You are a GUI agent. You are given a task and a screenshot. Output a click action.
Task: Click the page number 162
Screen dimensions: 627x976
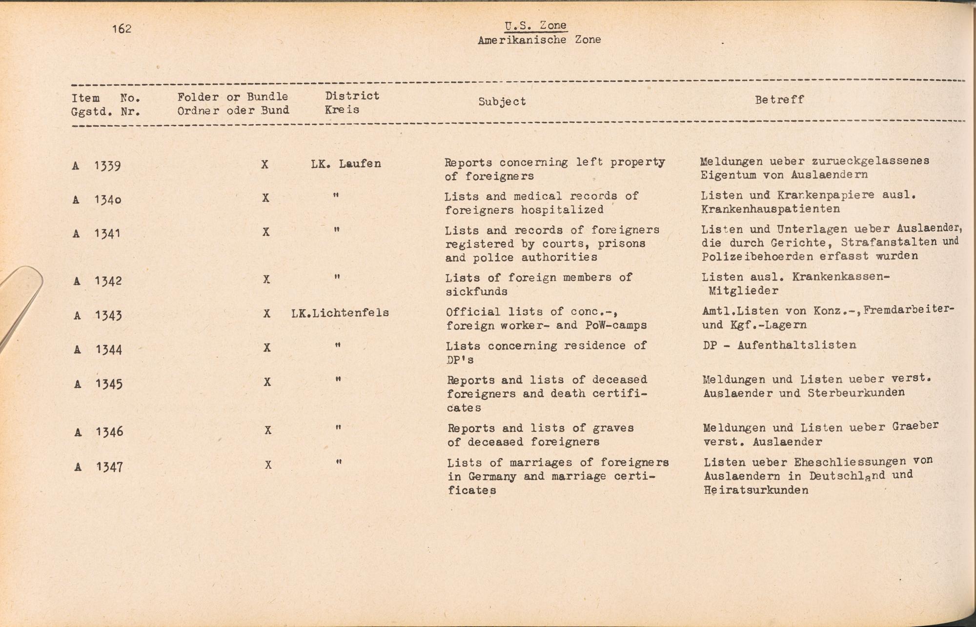(x=122, y=29)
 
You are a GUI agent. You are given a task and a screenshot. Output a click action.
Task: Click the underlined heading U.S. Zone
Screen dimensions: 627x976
(x=536, y=26)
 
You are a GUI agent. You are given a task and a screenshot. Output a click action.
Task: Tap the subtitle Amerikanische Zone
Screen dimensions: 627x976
(x=539, y=40)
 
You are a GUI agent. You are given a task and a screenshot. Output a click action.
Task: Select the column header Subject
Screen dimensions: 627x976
(x=502, y=101)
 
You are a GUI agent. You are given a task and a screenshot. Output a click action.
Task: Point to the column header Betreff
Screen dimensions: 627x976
(x=779, y=100)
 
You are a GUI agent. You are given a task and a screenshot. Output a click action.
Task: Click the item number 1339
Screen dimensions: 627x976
(x=107, y=166)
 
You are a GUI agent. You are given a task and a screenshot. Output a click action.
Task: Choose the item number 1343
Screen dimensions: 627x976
(x=108, y=316)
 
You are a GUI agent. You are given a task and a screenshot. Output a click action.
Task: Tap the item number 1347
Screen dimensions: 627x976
(x=109, y=467)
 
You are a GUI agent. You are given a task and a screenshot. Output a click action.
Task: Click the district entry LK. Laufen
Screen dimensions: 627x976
(x=346, y=164)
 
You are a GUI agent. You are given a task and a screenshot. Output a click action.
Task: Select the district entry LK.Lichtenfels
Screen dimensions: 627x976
(x=340, y=313)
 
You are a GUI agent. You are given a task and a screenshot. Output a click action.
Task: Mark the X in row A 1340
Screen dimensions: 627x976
(x=265, y=198)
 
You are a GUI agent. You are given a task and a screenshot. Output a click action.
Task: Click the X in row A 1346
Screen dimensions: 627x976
(x=268, y=430)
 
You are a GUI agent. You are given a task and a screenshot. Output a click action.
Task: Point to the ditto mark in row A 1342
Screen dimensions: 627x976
(x=337, y=277)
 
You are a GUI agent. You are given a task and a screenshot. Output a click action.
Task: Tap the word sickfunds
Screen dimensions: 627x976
(x=476, y=292)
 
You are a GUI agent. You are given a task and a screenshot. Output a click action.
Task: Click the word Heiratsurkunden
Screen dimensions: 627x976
(x=756, y=490)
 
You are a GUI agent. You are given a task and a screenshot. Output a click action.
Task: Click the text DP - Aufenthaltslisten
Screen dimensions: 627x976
(x=779, y=345)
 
